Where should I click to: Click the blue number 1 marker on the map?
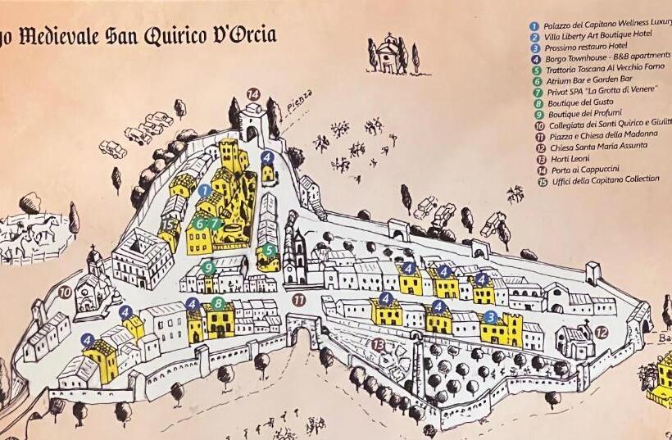(x=204, y=190)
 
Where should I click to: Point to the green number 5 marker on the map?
(x=268, y=251)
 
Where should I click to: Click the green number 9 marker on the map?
(x=209, y=267)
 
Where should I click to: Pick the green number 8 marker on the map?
(x=217, y=303)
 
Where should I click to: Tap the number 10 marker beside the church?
(x=65, y=291)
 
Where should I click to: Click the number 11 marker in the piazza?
(x=298, y=301)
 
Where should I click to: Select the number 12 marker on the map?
(x=601, y=333)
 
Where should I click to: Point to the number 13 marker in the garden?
(x=377, y=345)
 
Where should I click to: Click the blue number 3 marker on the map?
(x=490, y=316)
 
